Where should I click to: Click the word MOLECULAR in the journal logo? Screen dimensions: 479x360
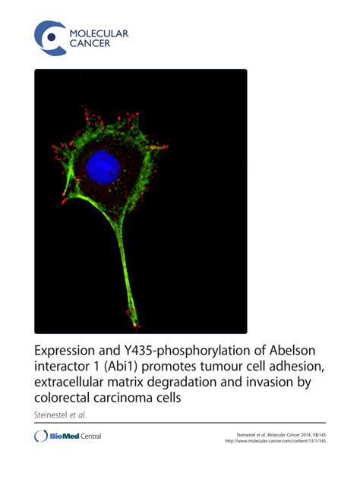pyautogui.click(x=99, y=33)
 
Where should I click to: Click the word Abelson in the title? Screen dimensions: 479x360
pyautogui.click(x=294, y=352)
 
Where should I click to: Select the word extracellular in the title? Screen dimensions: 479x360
pyautogui.click(x=74, y=386)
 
